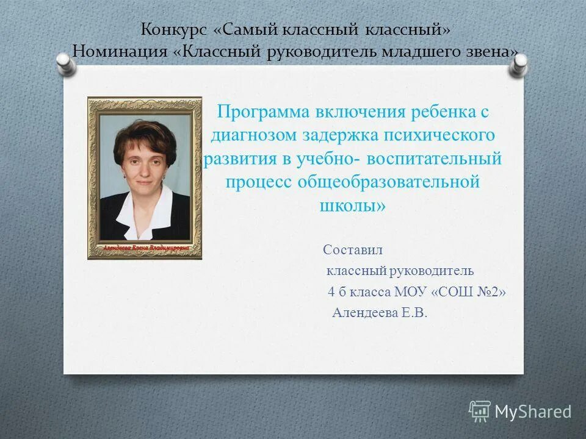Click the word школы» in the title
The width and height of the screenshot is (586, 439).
tap(353, 205)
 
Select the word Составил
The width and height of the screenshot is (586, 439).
tap(353, 249)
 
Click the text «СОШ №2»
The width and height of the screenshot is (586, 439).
tap(469, 292)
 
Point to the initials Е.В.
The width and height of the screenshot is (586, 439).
tap(414, 313)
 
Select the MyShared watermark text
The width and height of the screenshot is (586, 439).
tap(533, 412)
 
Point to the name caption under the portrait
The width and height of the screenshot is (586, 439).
tap(145, 248)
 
